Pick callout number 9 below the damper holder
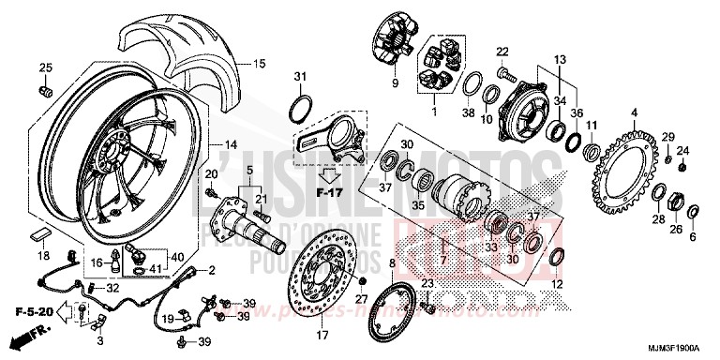click(x=395, y=84)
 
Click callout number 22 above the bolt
click(x=502, y=51)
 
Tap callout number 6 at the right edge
click(x=693, y=238)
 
